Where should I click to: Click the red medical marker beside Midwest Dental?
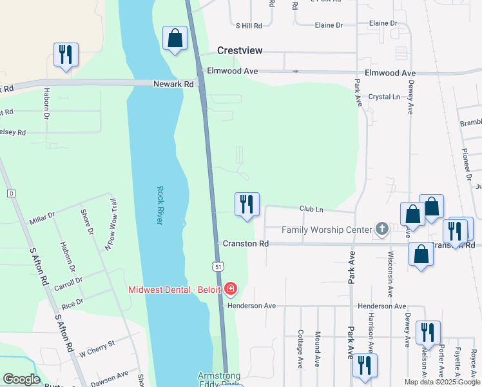click(x=231, y=288)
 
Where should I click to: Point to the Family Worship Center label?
click(x=327, y=230)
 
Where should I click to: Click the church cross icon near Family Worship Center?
click(x=382, y=229)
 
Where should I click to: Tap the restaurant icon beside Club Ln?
click(x=247, y=204)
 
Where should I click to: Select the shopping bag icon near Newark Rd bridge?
click(x=175, y=38)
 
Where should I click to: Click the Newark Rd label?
click(x=173, y=84)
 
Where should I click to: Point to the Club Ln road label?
click(x=311, y=209)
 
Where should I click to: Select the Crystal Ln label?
click(x=384, y=97)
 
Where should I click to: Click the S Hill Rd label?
click(x=249, y=26)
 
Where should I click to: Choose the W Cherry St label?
click(x=96, y=349)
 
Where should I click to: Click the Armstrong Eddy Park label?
click(x=219, y=379)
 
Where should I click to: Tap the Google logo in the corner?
click(x=21, y=379)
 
